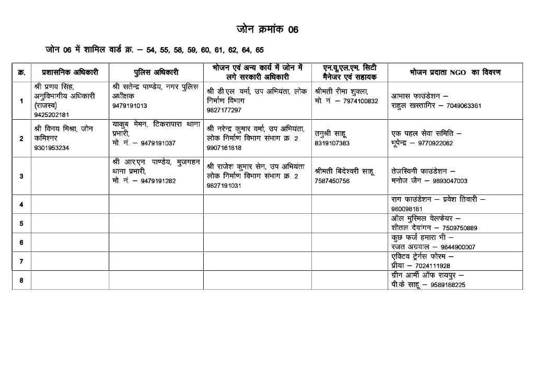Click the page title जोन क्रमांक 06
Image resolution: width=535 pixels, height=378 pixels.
(x=267, y=29)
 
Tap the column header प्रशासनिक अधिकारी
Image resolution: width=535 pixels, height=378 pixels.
(x=69, y=72)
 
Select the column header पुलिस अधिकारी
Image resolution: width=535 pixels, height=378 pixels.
(x=156, y=72)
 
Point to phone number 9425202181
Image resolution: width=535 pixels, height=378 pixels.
(x=51, y=114)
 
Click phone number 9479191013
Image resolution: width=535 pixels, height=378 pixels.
(x=130, y=106)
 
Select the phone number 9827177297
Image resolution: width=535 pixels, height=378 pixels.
(x=224, y=110)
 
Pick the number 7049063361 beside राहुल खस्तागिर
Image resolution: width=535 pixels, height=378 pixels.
(x=460, y=106)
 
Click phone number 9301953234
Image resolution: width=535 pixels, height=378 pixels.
(x=51, y=147)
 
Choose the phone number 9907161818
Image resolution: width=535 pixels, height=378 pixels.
(x=224, y=147)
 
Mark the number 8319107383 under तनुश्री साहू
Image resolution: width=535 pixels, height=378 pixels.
(x=332, y=143)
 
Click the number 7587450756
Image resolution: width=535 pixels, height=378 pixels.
(x=332, y=181)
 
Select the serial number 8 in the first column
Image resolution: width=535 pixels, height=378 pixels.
(x=21, y=280)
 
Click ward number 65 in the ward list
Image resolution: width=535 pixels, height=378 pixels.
(x=259, y=50)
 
